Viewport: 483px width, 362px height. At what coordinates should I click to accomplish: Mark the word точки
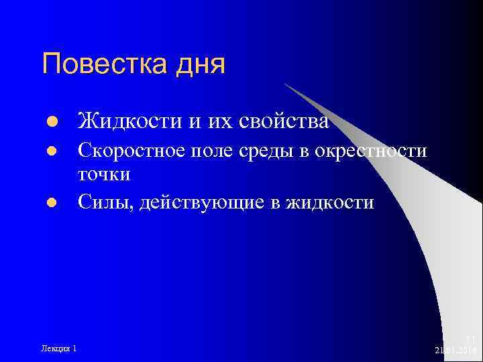104,174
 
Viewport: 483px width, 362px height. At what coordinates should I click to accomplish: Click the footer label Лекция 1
58,347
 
